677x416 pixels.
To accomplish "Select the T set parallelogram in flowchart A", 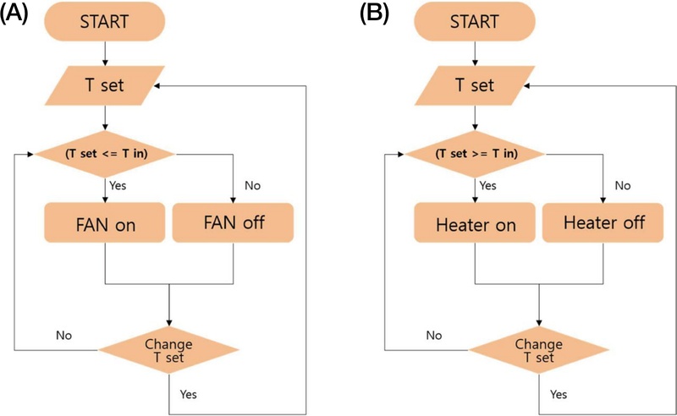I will coord(105,85).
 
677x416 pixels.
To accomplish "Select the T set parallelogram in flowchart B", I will coord(475,85).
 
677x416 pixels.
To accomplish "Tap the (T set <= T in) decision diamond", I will coord(105,154).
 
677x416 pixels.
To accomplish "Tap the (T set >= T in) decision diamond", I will coord(475,154).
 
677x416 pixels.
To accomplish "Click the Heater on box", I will coord(475,224).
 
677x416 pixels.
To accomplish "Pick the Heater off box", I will coord(603,224).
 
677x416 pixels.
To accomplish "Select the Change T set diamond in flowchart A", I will coord(169,349).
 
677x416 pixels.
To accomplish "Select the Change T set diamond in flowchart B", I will coord(540,349).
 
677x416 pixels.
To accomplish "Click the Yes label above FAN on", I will coord(120,184).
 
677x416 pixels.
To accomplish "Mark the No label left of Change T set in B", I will coord(434,335).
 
